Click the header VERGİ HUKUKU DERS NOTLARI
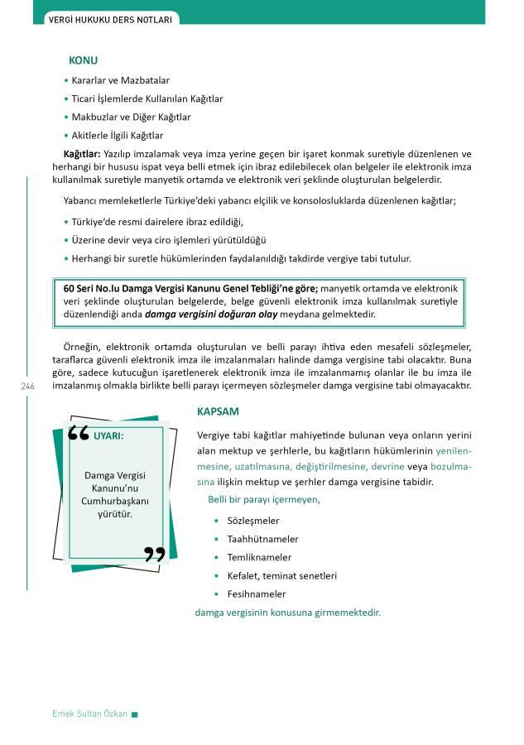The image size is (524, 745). pyautogui.click(x=110, y=17)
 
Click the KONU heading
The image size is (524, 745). pyautogui.click(x=83, y=60)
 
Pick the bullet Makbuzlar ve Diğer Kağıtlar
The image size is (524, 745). pyautogui.click(x=131, y=117)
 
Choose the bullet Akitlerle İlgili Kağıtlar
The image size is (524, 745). pyautogui.click(x=117, y=135)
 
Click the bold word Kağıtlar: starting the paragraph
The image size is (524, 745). pyautogui.click(x=82, y=154)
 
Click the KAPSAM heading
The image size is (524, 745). pyautogui.click(x=218, y=411)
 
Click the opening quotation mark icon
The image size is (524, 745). pyautogui.click(x=78, y=433)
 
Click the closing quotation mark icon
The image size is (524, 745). pyautogui.click(x=154, y=554)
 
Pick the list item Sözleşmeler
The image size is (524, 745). pyautogui.click(x=252, y=521)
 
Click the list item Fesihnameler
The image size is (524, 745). pyautogui.click(x=256, y=594)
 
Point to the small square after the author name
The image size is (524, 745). pyautogui.click(x=135, y=715)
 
